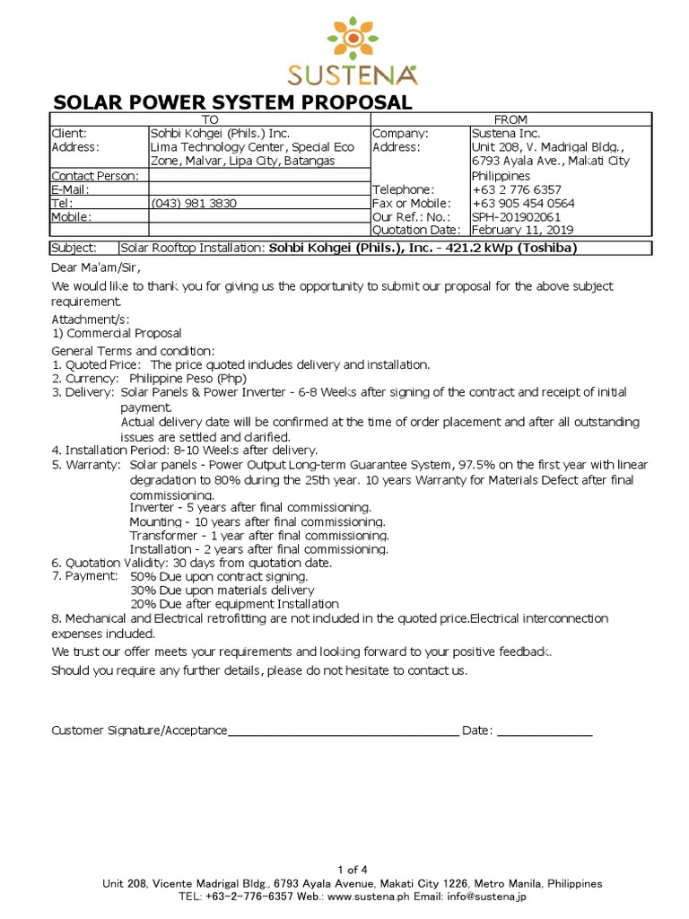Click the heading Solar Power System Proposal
233,102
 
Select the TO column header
209,119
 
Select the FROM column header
511,119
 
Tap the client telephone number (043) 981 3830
193,203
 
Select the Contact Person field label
95,176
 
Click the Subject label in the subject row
73,248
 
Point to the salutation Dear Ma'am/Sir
96,267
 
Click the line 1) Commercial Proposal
116,333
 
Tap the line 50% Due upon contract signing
222,575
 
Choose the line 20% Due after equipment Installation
234,604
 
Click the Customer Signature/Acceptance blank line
344,731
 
